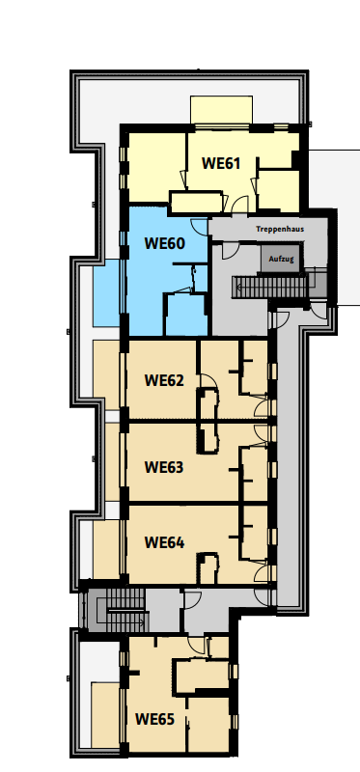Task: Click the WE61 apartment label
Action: (x=220, y=163)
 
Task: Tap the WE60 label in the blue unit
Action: (x=163, y=243)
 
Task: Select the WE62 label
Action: (x=163, y=379)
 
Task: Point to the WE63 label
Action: (x=163, y=466)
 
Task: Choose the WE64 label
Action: (x=163, y=541)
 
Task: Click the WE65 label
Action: (x=154, y=718)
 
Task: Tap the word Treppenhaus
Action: (x=280, y=230)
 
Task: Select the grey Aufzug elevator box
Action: (x=281, y=259)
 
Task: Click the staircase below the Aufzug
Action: (x=271, y=288)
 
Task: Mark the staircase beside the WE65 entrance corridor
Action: (x=114, y=609)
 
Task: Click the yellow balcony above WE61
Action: (x=221, y=110)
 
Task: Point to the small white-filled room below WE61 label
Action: (x=196, y=203)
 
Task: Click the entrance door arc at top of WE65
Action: (x=196, y=644)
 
